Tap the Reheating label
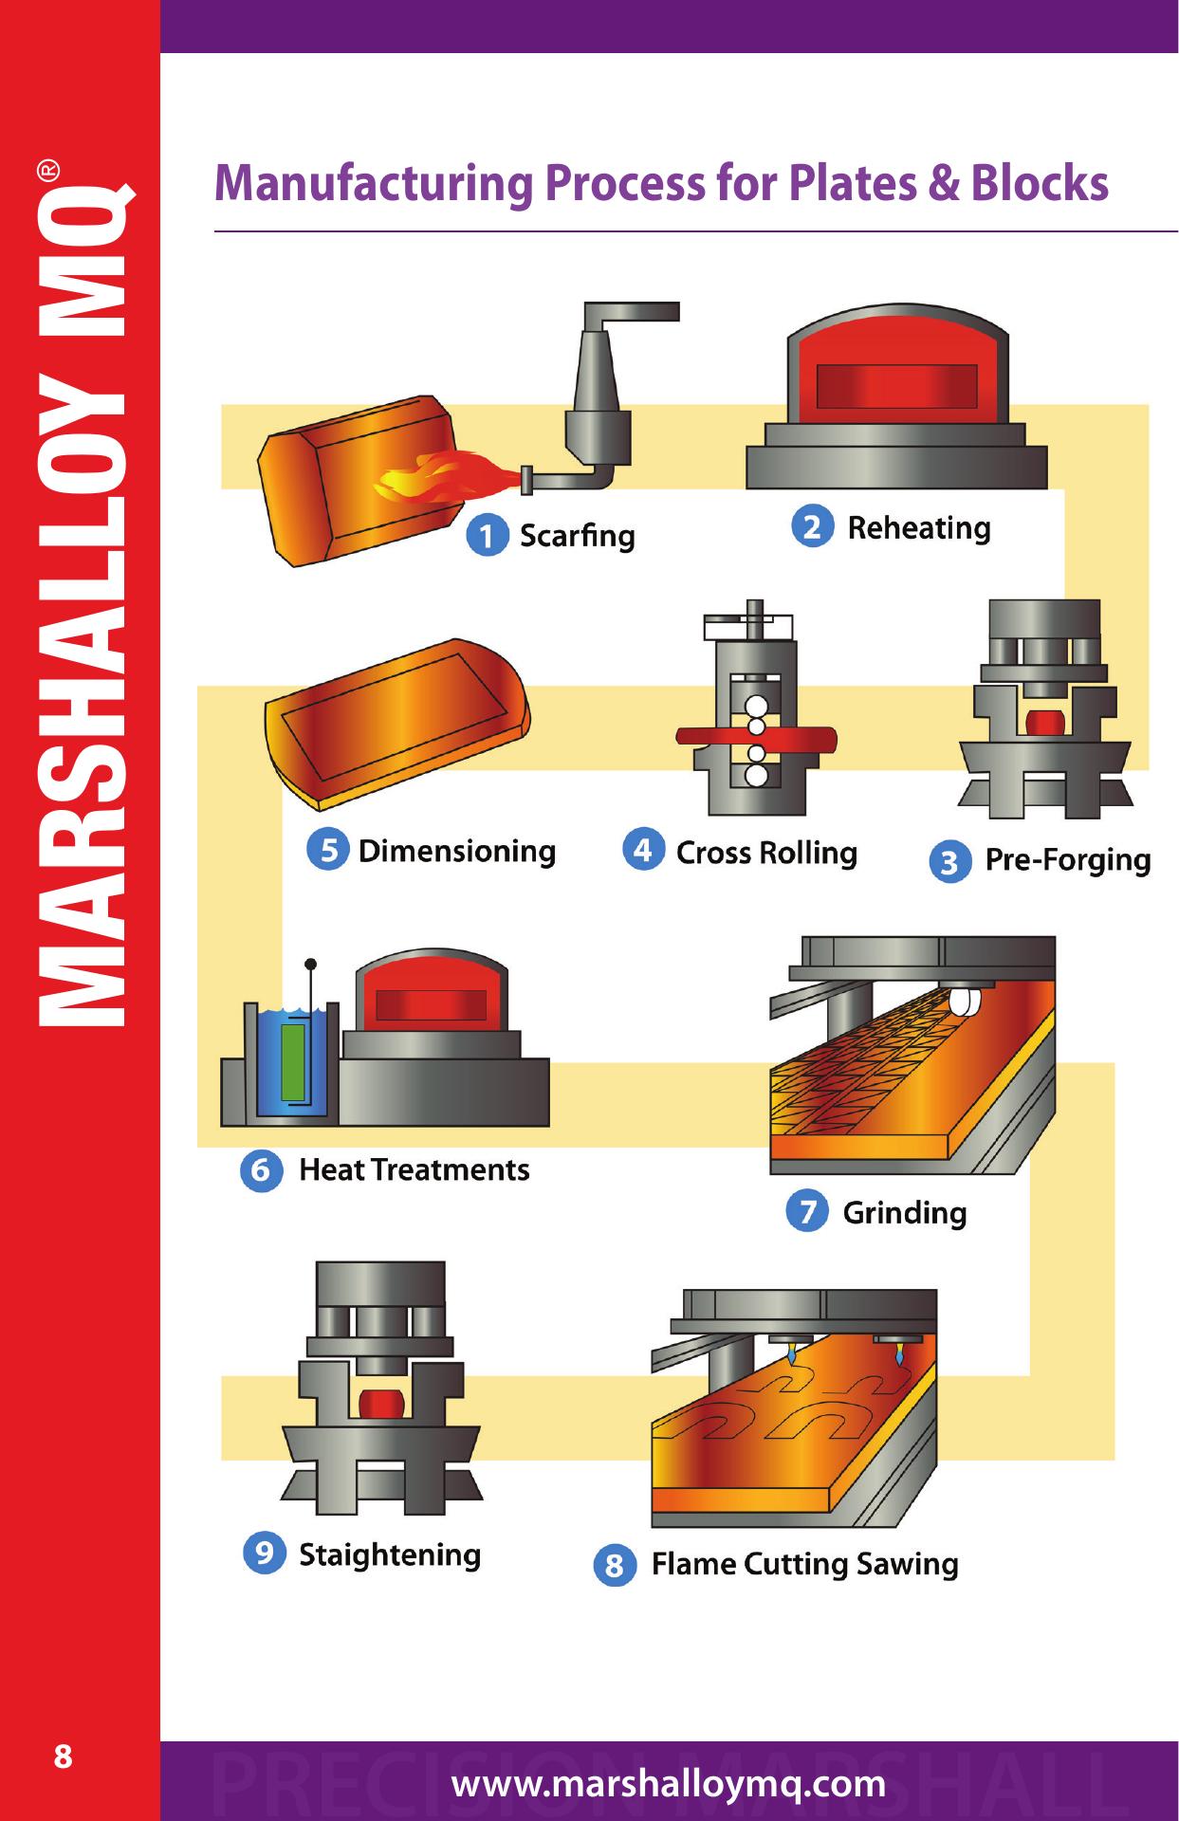tap(918, 528)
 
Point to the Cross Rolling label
tap(765, 853)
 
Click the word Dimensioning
tap(456, 851)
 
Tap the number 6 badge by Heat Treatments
tap(261, 1171)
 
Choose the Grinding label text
tap(904, 1213)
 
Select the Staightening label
tap(390, 1555)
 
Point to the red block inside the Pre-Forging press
tap(1044, 721)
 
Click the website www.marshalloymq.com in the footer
tap(669, 1784)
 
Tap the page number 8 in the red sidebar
tap(63, 1757)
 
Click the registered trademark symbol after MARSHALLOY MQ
tap(49, 172)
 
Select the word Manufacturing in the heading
tap(373, 184)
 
